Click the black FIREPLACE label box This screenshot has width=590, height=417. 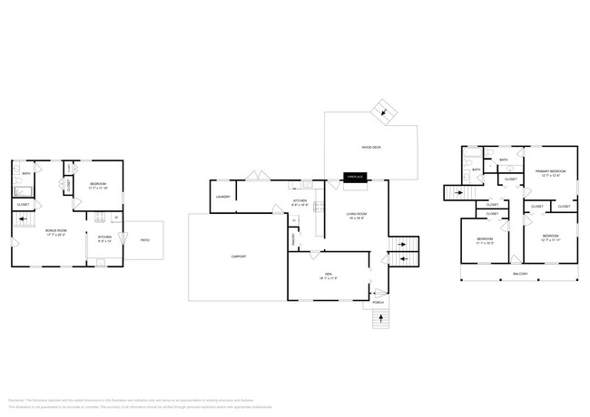pos(353,177)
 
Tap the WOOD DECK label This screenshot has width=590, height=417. pos(370,146)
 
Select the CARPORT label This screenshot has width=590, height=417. pos(239,257)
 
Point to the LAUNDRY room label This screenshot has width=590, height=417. pos(222,197)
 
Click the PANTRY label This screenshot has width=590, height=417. pos(294,238)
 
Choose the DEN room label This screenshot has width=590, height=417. pos(329,276)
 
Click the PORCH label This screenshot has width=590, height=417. pos(379,302)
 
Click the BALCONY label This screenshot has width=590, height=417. pos(520,273)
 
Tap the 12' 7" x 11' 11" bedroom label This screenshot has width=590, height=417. pos(549,238)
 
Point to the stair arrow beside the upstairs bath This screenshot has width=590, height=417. pos(457,192)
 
